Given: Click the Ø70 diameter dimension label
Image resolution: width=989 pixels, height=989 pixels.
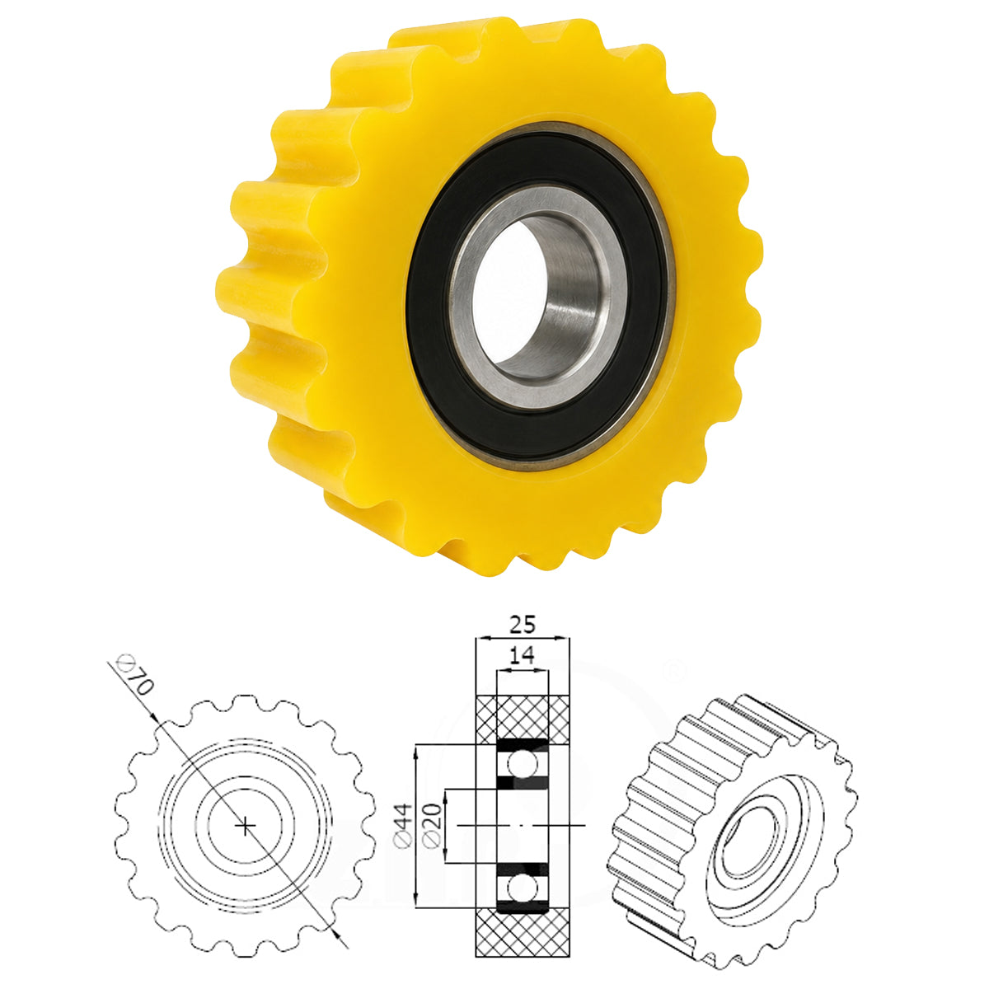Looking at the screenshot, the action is (135, 675).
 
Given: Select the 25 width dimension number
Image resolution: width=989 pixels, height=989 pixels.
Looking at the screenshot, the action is (522, 624).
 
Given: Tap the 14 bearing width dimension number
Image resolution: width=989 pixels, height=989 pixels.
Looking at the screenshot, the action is (522, 655).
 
